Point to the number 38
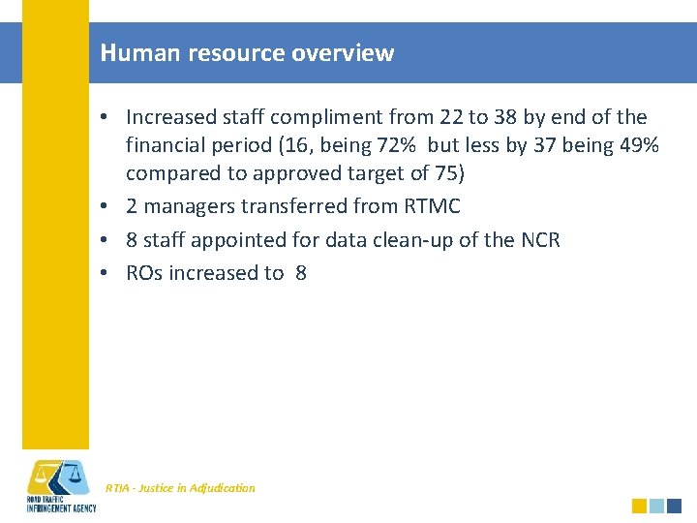pyautogui.click(x=504, y=117)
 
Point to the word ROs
pyautogui.click(x=144, y=273)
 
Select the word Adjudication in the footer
pyautogui.click(x=223, y=488)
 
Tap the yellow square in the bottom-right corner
pyautogui.click(x=639, y=506)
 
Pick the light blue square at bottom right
pyautogui.click(x=656, y=506)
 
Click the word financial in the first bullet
pyautogui.click(x=163, y=145)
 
